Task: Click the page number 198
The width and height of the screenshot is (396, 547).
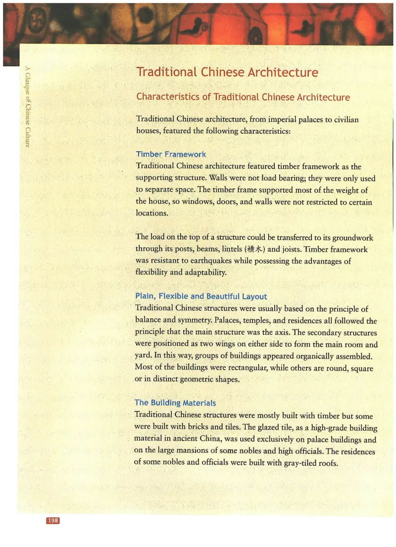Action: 53,520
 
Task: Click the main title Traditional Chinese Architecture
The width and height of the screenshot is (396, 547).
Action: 227,72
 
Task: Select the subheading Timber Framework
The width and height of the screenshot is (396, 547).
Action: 171,154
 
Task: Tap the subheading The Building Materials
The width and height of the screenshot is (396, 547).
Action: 175,403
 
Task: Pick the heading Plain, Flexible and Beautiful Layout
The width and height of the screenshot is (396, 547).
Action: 201,296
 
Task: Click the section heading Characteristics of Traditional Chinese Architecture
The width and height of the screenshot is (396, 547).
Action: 243,97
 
